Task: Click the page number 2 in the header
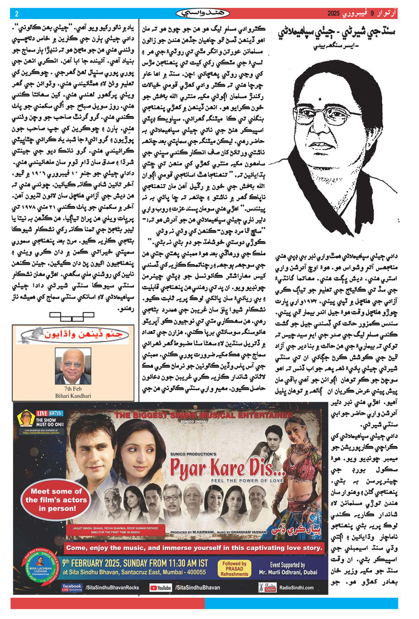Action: (17, 13)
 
